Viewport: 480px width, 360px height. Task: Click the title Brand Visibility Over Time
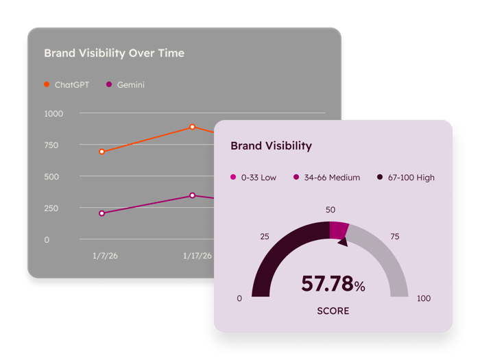[x=114, y=53]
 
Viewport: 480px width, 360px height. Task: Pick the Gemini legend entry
[x=125, y=85]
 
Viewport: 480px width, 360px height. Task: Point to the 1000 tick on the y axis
[x=53, y=113]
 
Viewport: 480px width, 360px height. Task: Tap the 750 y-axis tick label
[x=53, y=145]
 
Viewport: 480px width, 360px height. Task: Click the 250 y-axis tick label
[x=53, y=208]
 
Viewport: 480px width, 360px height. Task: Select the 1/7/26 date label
[x=106, y=256]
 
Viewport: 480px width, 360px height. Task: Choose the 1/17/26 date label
[x=197, y=256]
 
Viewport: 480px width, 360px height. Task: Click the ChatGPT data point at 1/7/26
[x=102, y=152]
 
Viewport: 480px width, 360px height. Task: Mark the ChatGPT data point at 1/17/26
[x=192, y=127]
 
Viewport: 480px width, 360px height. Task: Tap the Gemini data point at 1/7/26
[x=102, y=213]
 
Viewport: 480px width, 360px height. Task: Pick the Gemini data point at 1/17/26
[x=192, y=195]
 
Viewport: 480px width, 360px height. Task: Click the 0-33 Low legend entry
[x=253, y=178]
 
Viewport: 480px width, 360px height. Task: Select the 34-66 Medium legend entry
[x=326, y=178]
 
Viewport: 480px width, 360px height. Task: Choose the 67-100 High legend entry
[x=406, y=178]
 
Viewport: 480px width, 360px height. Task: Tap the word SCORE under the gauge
[x=333, y=311]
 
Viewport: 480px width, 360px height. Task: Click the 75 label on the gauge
[x=395, y=237]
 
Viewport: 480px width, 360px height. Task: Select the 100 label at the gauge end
[x=423, y=298]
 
